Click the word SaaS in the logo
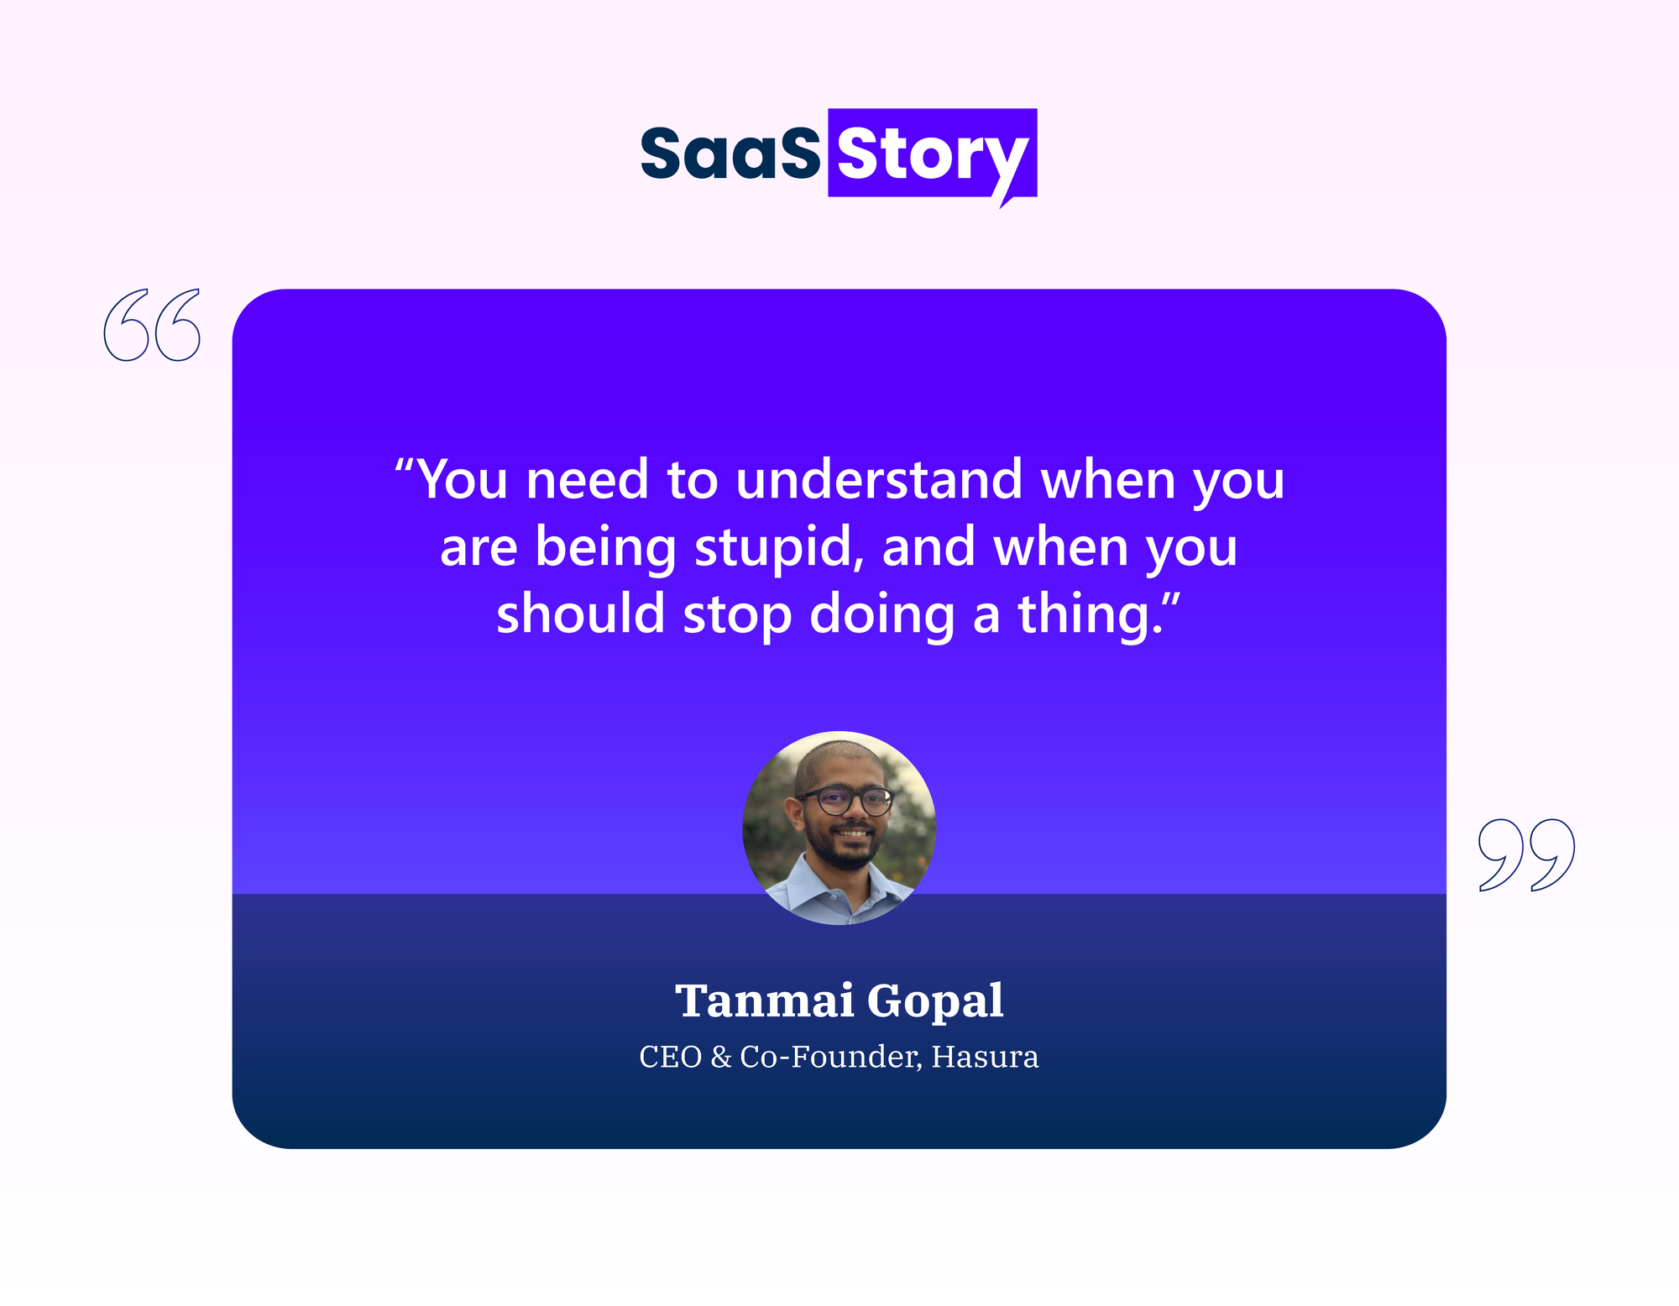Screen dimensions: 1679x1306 pos(730,154)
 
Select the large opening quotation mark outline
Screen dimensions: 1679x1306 pos(152,325)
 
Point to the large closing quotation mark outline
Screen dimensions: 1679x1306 pos(1526,854)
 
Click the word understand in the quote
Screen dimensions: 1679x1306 pos(879,479)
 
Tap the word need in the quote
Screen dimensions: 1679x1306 pos(587,479)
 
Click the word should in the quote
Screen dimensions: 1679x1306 pos(580,614)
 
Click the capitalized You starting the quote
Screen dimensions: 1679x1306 pos(462,479)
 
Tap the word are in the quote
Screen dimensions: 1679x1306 pos(478,551)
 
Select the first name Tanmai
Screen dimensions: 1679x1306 pos(765,1000)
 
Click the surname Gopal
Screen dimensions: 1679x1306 pos(935,1003)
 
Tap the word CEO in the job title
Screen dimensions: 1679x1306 pos(671,1057)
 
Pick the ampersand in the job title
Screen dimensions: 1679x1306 pos(721,1057)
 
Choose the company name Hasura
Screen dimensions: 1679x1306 pos(985,1057)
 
